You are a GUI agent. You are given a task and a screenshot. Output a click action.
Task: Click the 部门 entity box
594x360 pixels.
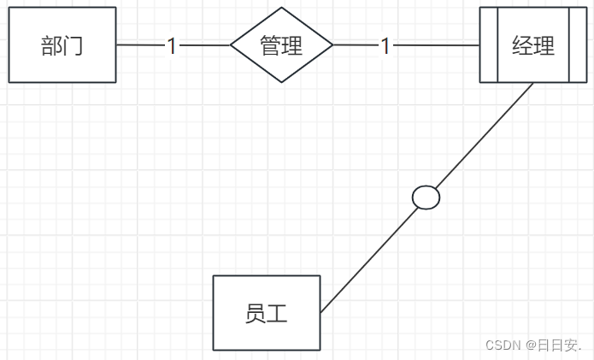tap(62, 45)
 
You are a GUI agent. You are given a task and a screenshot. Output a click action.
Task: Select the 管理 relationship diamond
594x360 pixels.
tap(282, 45)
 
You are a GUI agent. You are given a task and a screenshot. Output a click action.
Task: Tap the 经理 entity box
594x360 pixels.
tap(533, 45)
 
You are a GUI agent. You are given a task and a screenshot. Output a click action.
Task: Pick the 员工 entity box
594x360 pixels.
tap(266, 313)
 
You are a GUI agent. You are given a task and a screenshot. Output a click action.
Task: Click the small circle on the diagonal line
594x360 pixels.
tap(426, 198)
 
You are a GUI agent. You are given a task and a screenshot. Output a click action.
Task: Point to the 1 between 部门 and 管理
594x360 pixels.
tap(172, 46)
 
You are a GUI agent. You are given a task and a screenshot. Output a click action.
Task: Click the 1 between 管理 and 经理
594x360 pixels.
tap(385, 46)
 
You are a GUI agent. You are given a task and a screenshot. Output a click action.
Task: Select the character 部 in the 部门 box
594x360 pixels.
tap(51, 45)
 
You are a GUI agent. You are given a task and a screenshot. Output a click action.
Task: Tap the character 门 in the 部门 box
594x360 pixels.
tap(74, 45)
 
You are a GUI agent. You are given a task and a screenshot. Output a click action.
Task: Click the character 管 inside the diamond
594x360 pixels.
tap(271, 45)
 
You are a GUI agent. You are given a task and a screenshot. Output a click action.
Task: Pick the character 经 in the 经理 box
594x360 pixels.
tap(522, 45)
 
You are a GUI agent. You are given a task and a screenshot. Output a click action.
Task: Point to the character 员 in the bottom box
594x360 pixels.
tap(255, 314)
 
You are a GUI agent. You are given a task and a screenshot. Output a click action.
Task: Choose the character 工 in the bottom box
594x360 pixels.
tap(277, 314)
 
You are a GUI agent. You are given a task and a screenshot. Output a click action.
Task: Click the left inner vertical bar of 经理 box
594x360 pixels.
tap(497, 45)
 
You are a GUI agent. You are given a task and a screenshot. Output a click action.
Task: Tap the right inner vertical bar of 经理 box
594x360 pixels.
tap(569, 45)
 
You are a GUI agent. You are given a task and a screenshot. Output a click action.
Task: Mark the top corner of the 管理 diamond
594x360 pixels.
tap(282, 9)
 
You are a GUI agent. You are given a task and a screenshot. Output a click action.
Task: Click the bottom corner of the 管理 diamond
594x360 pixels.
tap(282, 82)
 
